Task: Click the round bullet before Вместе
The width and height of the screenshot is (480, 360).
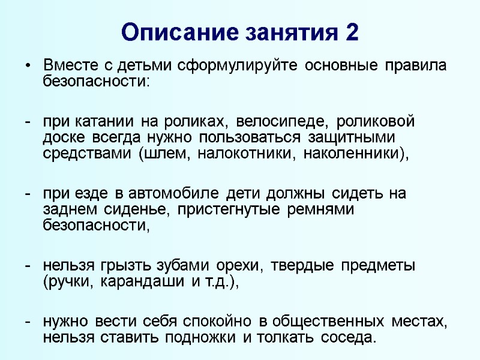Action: pos(27,66)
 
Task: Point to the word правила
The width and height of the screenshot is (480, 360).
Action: pos(416,65)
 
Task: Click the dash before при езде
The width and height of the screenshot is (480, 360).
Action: pos(28,194)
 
